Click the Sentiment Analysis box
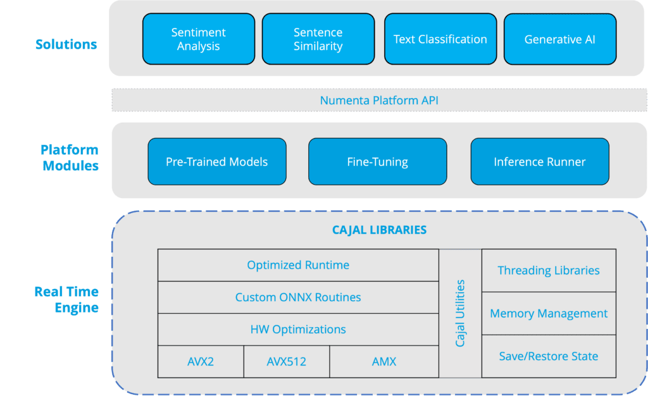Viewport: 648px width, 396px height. [x=199, y=39]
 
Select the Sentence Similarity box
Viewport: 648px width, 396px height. [x=318, y=39]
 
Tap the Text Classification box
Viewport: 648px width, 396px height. [x=440, y=39]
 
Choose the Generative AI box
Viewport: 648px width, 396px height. [x=560, y=39]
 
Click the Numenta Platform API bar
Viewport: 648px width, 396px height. [x=379, y=100]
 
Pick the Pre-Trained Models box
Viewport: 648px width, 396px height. [x=217, y=161]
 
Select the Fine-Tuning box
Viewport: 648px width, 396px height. [x=378, y=161]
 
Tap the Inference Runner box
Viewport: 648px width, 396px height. [x=540, y=161]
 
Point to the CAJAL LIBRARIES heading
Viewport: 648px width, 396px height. [x=380, y=230]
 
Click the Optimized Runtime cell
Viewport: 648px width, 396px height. [x=298, y=265]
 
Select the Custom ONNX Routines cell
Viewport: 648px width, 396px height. [x=298, y=297]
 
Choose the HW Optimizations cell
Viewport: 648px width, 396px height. [x=298, y=330]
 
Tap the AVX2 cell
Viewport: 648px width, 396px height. [x=201, y=362]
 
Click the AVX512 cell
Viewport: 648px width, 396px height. [x=287, y=362]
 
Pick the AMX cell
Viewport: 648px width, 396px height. [x=384, y=362]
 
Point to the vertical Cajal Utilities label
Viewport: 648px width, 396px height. [x=460, y=313]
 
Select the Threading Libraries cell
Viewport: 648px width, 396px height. [x=549, y=271]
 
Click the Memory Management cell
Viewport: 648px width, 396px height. [x=549, y=313]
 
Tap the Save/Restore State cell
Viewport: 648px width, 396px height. [x=549, y=356]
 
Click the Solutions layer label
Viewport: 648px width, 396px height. [x=66, y=44]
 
